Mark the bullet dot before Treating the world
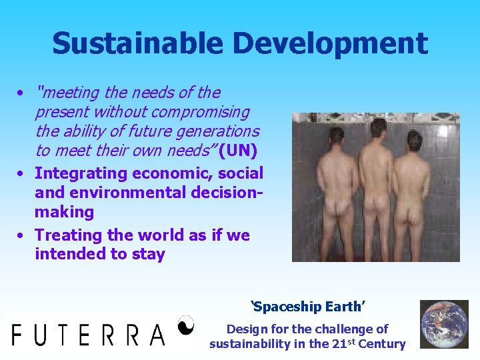pyautogui.click(x=22, y=235)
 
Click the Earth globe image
pyautogui.click(x=444, y=324)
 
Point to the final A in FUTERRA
pyautogui.click(x=157, y=333)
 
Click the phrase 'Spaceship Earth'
pyautogui.click(x=307, y=307)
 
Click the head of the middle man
pyautogui.click(x=378, y=129)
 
